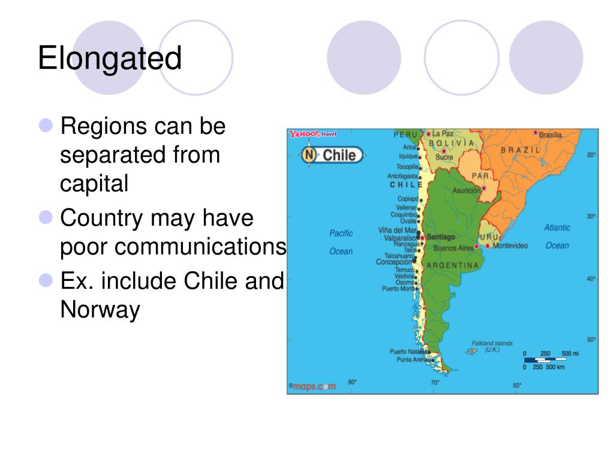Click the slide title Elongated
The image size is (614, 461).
(110, 59)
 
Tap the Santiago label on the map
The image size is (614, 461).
(441, 237)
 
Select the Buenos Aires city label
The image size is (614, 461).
(453, 247)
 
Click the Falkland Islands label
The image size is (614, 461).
(492, 346)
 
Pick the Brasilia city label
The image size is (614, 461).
(550, 135)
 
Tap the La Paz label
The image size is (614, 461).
(443, 133)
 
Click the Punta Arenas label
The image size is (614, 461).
(411, 360)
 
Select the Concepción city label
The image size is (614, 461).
(394, 262)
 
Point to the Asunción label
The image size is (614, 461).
(466, 190)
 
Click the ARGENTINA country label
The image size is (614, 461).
(452, 265)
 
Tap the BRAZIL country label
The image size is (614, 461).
(520, 149)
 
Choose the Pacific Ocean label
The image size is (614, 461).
(341, 242)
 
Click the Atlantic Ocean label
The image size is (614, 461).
(557, 237)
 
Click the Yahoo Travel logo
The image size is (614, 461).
(312, 134)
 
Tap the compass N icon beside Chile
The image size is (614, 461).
(309, 155)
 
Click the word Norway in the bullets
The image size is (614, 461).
(100, 310)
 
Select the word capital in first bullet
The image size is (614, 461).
(94, 184)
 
